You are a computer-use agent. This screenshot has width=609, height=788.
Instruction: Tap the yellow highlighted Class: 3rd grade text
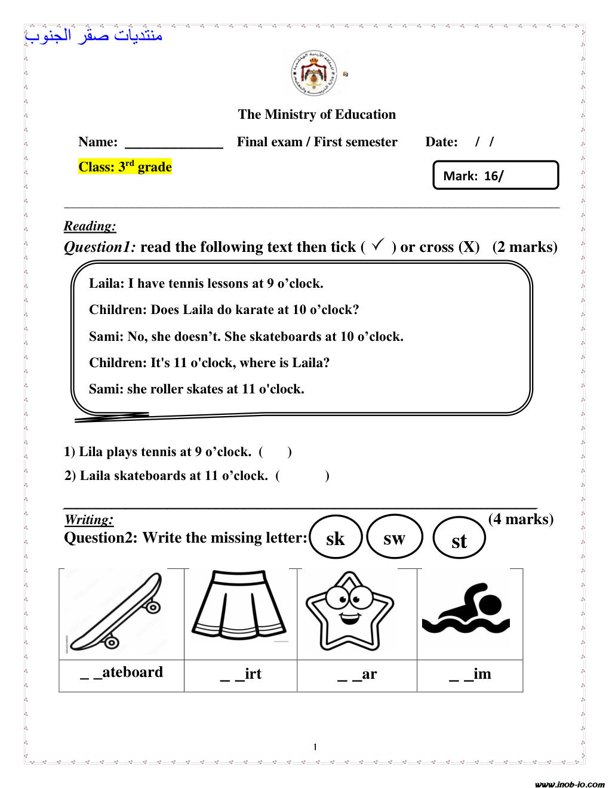coord(125,167)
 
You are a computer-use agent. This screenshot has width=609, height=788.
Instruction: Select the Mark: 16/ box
coord(495,176)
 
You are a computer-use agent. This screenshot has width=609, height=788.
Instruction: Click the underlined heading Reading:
coord(90,226)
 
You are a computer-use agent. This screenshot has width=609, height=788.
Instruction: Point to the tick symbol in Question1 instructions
coord(378,245)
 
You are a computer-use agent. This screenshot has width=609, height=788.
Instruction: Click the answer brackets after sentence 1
coord(275,452)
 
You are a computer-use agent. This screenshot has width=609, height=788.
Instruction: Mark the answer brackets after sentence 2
coord(302,476)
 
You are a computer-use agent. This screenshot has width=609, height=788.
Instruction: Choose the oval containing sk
coord(336,538)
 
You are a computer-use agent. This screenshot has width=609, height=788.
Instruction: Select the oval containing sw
coord(394,538)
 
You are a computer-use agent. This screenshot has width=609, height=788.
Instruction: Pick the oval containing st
coord(459,540)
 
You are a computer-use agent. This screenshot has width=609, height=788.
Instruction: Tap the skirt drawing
coord(239,606)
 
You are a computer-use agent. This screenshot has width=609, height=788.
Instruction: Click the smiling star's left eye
coord(338,596)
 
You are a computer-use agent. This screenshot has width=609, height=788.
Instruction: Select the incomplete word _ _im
coord(470,674)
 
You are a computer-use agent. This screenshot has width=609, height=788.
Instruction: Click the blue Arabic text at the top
coord(94,36)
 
